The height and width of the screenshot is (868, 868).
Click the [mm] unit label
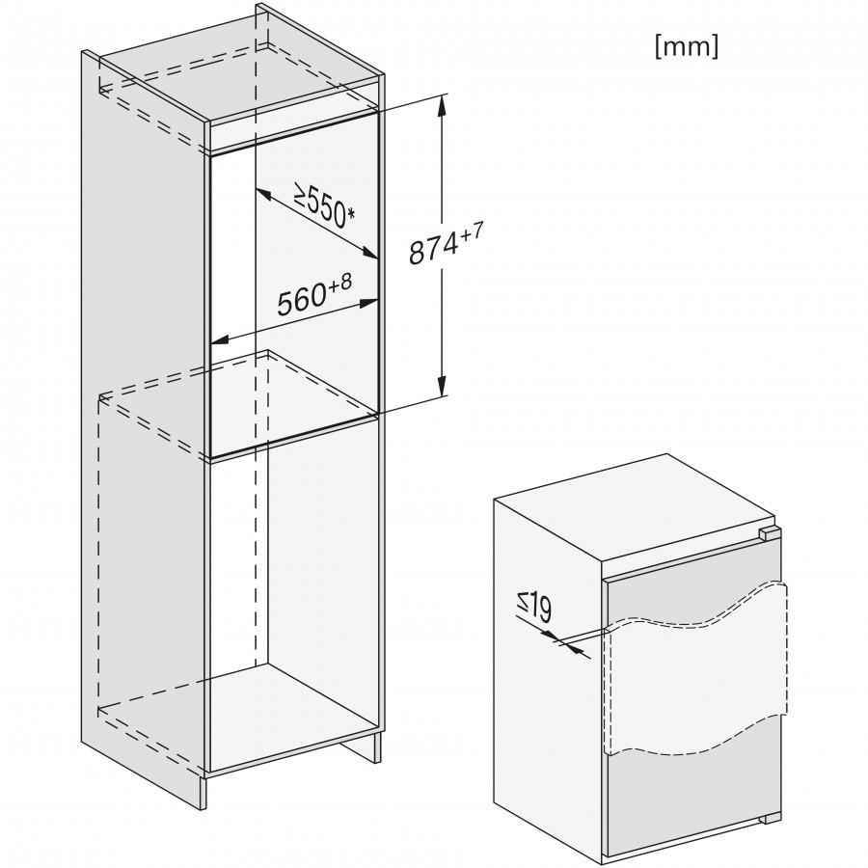point(687,47)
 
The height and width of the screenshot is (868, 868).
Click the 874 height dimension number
point(433,249)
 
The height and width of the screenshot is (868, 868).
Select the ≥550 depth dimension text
point(319,205)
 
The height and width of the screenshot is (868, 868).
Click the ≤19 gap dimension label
point(534,609)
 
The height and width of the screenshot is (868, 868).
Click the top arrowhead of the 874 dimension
point(441,104)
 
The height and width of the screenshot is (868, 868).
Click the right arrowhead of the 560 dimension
point(368,304)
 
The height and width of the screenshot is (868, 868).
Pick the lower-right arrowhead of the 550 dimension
point(369,254)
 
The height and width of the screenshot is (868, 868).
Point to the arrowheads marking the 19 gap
point(559,640)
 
